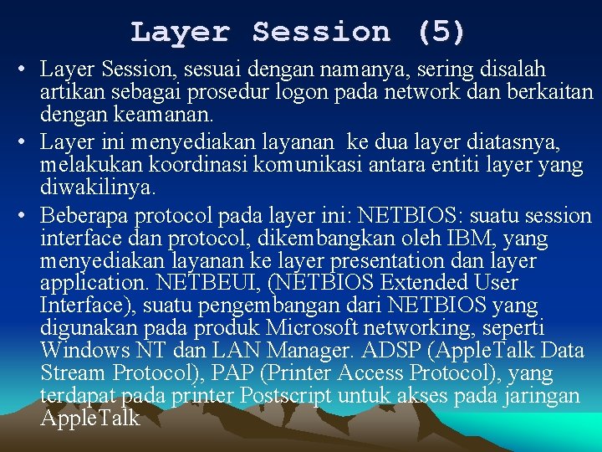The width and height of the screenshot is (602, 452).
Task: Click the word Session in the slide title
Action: click(321, 32)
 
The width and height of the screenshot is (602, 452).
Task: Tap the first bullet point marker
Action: click(26, 69)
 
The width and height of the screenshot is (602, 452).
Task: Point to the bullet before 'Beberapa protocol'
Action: click(26, 216)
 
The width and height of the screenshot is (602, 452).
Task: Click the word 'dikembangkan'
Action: click(318, 239)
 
